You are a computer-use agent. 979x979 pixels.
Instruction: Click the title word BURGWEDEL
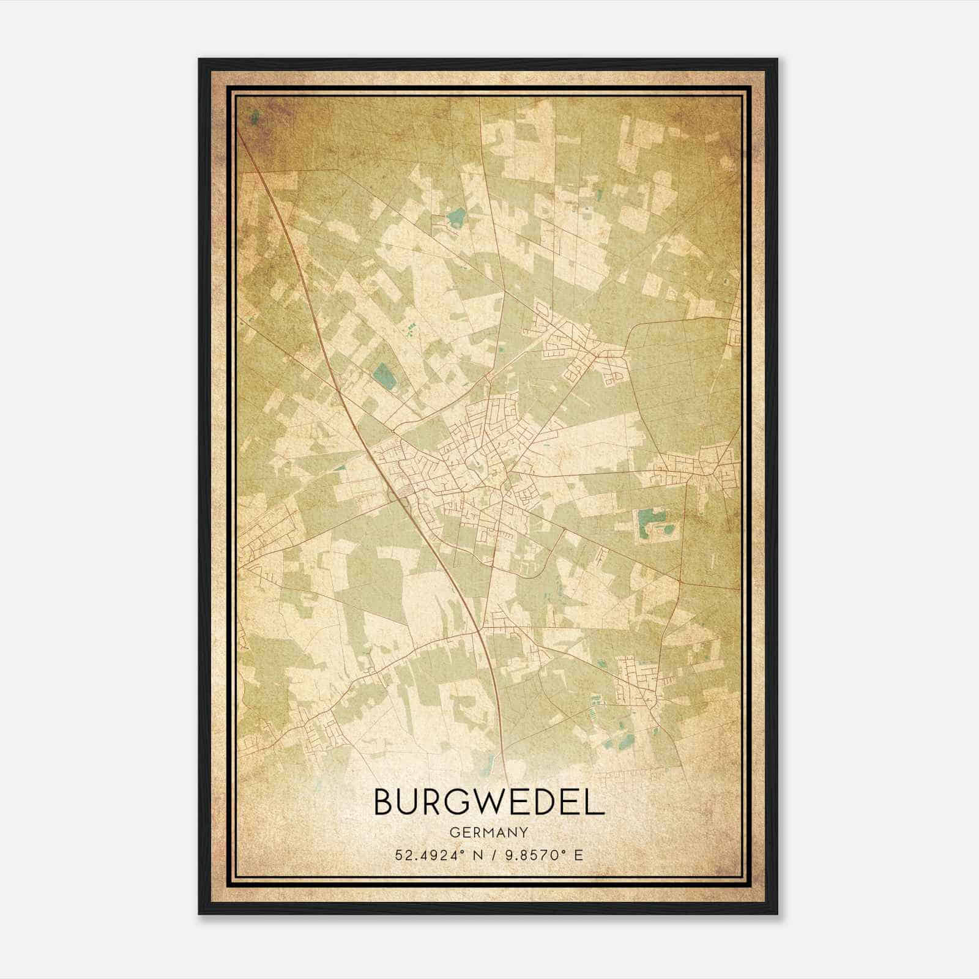[x=489, y=802]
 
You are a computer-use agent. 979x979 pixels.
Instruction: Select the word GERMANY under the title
[x=489, y=832]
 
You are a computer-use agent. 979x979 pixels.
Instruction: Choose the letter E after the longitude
[x=578, y=855]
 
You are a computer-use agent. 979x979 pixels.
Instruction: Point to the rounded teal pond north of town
[x=455, y=215]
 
